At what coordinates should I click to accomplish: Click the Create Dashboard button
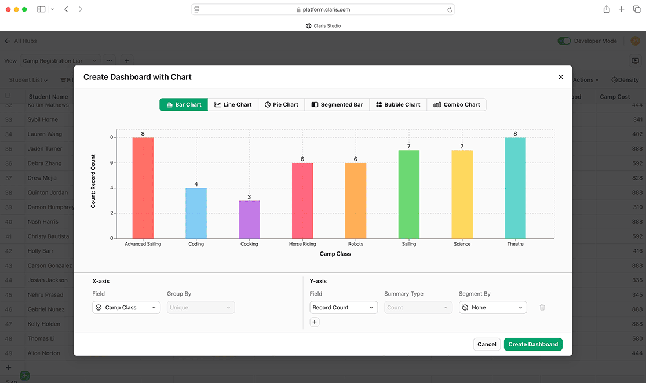(533, 344)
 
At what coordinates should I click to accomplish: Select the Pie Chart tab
(281, 105)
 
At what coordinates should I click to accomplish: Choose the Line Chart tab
(233, 105)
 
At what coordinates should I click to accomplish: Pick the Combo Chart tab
(457, 105)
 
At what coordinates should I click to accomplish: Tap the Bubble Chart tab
(398, 105)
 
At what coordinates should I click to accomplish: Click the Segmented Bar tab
(337, 105)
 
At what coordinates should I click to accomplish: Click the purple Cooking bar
(249, 220)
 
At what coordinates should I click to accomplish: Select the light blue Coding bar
(196, 213)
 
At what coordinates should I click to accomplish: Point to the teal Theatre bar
(515, 188)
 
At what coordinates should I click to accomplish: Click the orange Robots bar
(356, 200)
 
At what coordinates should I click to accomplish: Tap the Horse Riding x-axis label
(302, 244)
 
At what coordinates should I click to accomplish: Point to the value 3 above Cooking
(249, 197)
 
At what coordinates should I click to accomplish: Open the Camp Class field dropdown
(126, 308)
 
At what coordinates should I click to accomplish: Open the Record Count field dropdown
(344, 308)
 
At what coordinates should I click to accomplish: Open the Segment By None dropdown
(492, 308)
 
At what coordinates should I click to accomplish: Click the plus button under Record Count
(315, 322)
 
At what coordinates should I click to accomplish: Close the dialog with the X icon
(560, 77)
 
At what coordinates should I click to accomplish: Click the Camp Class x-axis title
(335, 254)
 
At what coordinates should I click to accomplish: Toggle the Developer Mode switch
(564, 41)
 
